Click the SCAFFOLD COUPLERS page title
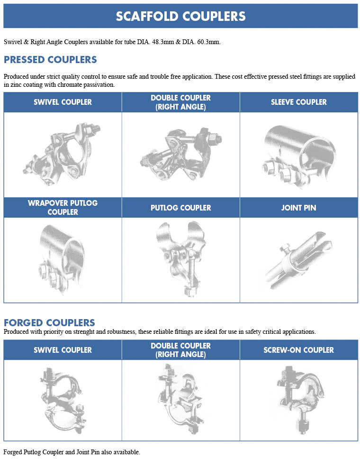point(180,16)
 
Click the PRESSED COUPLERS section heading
point(50,60)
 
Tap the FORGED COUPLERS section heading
point(49,322)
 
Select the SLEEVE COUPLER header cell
point(298,102)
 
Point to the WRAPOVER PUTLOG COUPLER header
point(63,208)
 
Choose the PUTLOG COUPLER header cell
point(181,208)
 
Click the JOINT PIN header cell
point(298,208)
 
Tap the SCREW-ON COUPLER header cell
point(298,350)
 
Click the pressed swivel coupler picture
point(62,154)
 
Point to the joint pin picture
point(298,259)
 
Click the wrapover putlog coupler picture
point(62,259)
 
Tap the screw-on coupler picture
point(300,399)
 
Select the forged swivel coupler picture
point(63,400)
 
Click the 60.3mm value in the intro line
point(209,42)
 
